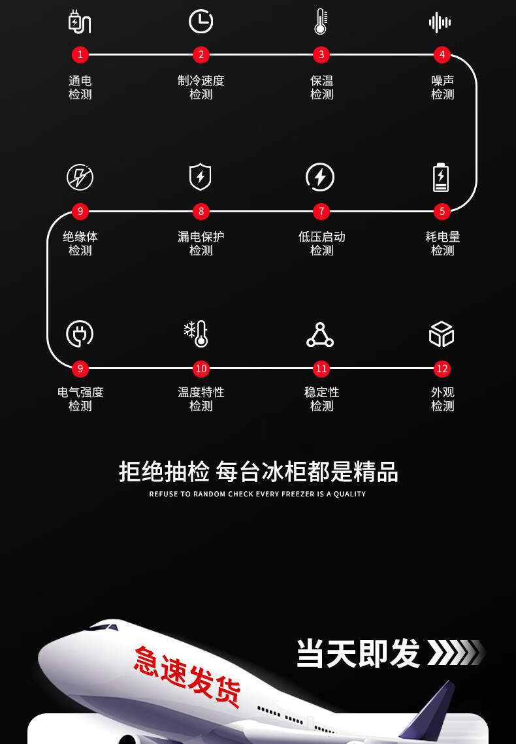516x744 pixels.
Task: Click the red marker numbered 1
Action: click(x=80, y=55)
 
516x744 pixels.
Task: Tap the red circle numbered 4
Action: click(x=442, y=55)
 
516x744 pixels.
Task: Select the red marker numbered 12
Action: click(x=442, y=368)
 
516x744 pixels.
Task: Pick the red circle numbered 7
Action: click(x=321, y=211)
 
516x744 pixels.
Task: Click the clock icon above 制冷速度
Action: click(x=201, y=22)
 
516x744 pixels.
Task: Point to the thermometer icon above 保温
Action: click(x=320, y=22)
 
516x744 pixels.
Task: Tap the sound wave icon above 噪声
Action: click(x=440, y=22)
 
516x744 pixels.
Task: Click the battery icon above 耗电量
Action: click(x=442, y=177)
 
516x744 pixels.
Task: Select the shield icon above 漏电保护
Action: click(x=200, y=177)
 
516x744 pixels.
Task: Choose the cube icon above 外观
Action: click(x=442, y=334)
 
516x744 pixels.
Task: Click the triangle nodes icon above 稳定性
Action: click(x=320, y=334)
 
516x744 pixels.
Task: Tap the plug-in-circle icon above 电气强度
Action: click(x=80, y=334)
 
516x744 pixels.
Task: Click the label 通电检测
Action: click(x=80, y=88)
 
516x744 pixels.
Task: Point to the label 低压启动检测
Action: click(x=321, y=244)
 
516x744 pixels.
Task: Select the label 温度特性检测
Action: click(x=201, y=399)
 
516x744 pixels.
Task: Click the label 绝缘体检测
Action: click(x=80, y=244)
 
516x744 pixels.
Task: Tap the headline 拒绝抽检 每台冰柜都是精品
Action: click(x=258, y=472)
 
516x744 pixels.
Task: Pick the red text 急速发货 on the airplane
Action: click(x=187, y=677)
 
